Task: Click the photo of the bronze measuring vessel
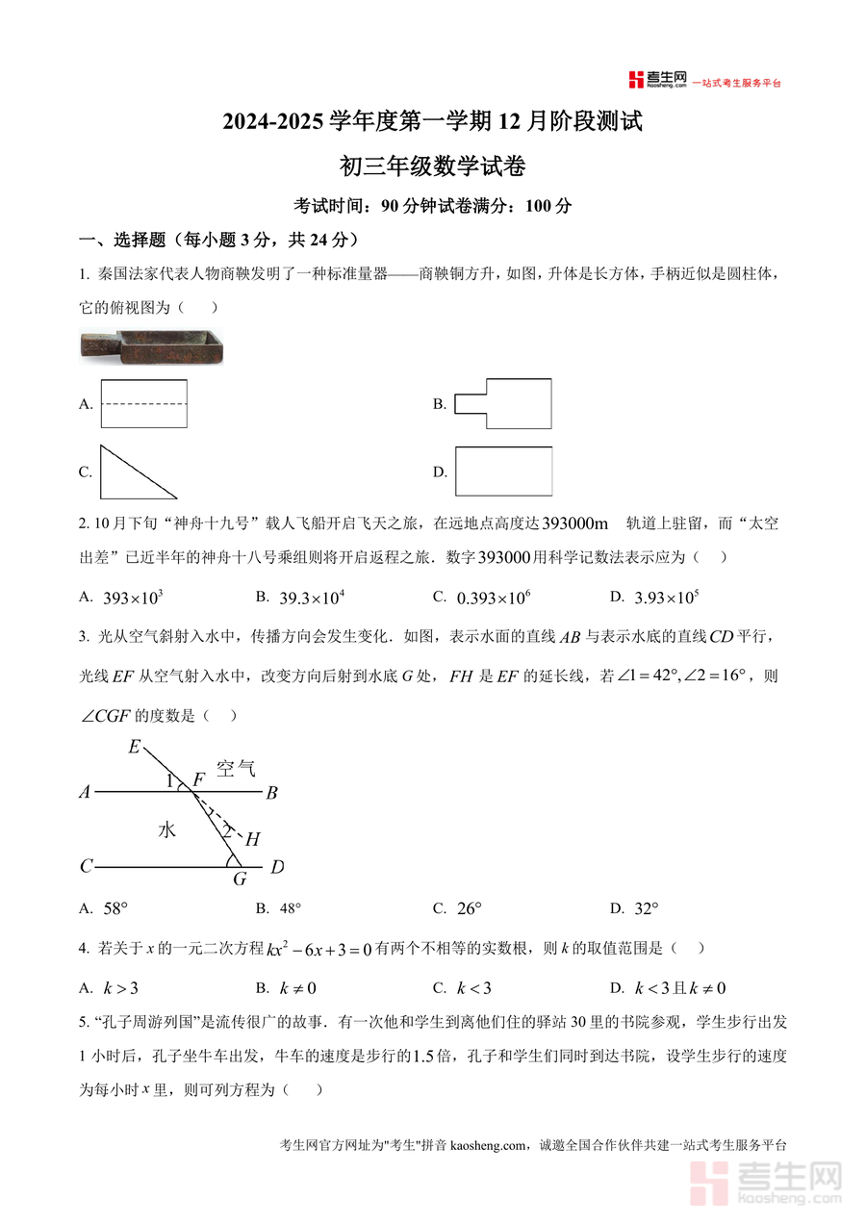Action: (x=150, y=345)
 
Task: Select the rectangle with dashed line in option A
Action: (x=143, y=403)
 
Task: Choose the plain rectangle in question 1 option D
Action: (x=503, y=472)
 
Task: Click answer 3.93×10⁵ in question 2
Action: (x=666, y=598)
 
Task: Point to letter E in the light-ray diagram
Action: (x=134, y=747)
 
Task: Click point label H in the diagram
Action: (x=253, y=839)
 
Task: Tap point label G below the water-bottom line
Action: (x=240, y=879)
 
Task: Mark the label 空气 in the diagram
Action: (x=235, y=768)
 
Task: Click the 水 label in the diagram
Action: (x=166, y=829)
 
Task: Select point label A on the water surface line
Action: (x=85, y=793)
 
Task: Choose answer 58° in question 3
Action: (x=115, y=907)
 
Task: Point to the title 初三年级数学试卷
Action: (x=433, y=166)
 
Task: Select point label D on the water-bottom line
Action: (x=277, y=867)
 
